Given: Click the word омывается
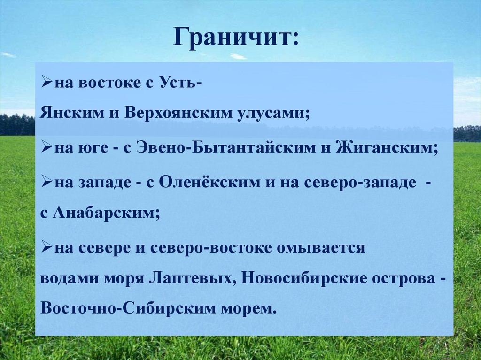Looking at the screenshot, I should [x=320, y=247].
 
